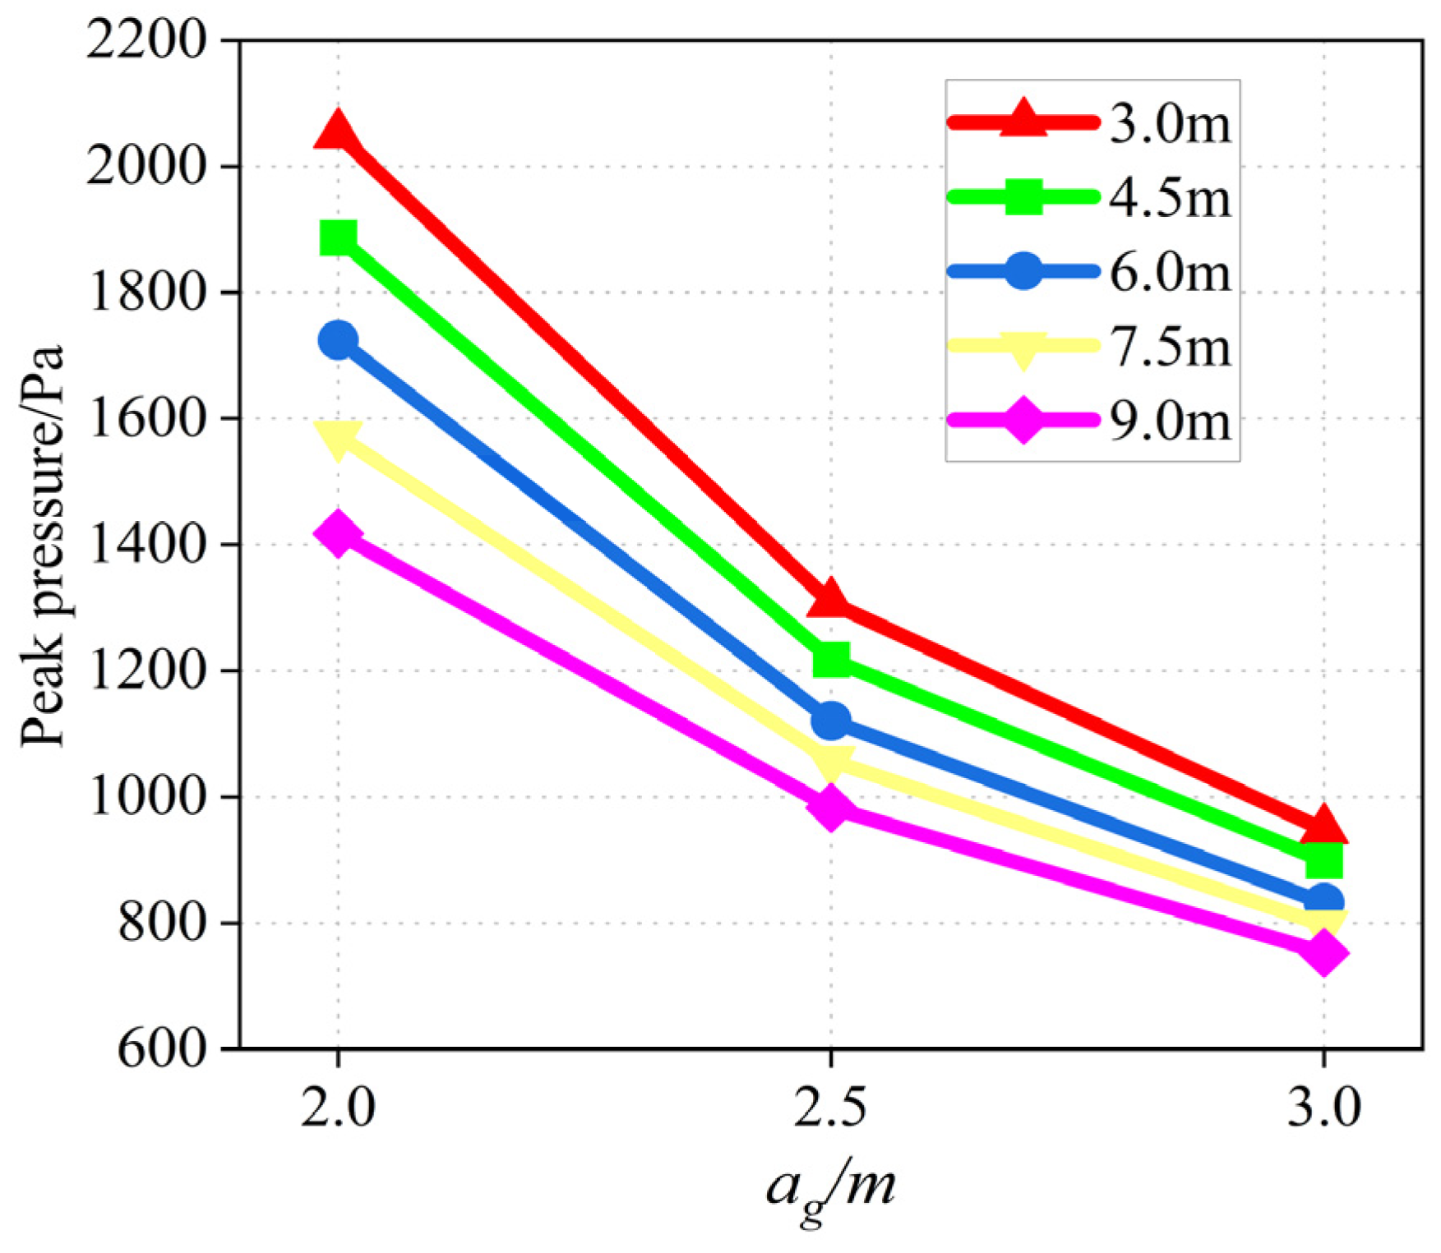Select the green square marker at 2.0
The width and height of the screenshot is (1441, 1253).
(338, 238)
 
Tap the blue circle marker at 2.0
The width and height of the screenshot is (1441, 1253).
(338, 340)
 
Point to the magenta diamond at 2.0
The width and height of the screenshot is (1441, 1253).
(338, 533)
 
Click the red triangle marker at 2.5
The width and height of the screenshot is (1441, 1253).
(830, 600)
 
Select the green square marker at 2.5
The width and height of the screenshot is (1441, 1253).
(831, 659)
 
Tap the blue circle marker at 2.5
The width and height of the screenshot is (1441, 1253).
(830, 721)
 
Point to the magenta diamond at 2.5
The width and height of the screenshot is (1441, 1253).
(830, 808)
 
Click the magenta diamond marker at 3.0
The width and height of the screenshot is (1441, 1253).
(1323, 952)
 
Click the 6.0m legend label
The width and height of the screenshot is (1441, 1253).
(1171, 273)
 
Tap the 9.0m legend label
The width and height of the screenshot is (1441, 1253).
(1171, 422)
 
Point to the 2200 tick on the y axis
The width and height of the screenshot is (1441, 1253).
(146, 39)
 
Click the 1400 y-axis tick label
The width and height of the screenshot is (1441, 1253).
(146, 544)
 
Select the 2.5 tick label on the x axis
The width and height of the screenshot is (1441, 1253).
(830, 1106)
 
